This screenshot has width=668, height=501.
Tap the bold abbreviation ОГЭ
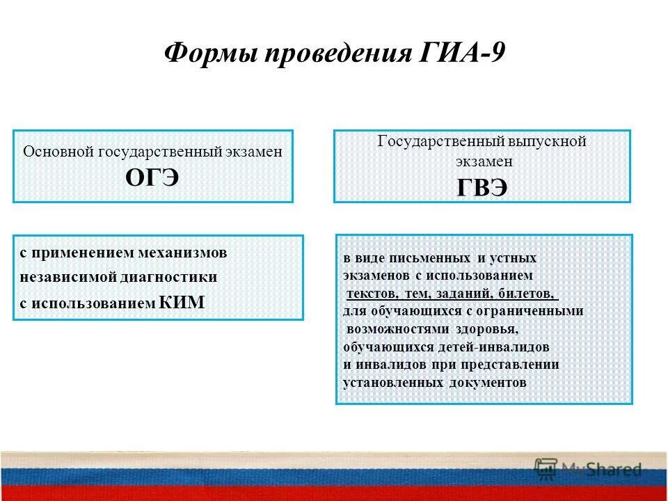coord(152,177)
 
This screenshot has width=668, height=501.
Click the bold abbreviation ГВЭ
coord(482,187)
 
